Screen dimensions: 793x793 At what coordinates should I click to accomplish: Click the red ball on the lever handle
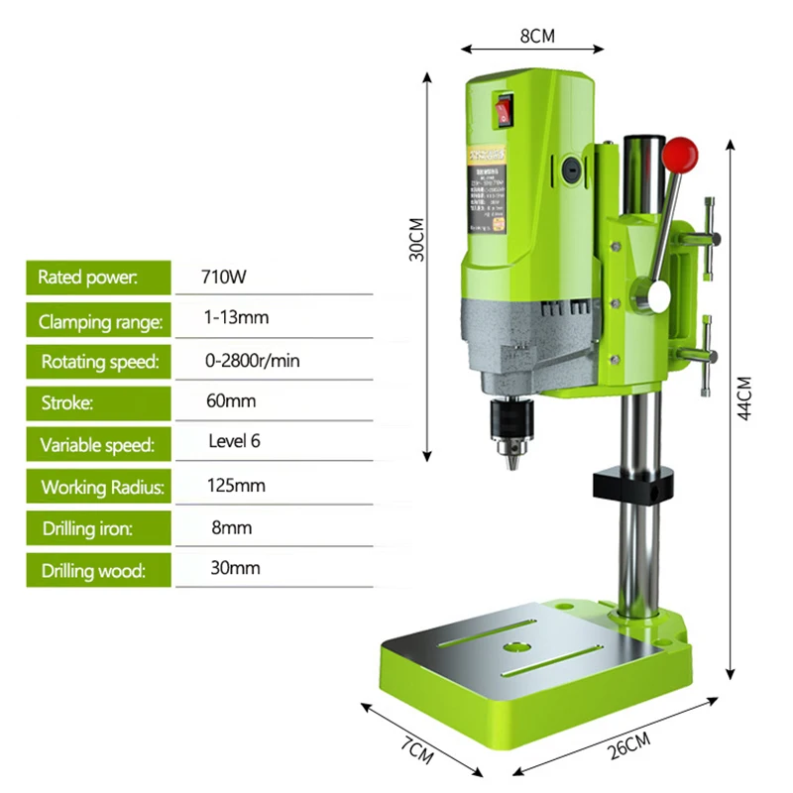(x=681, y=152)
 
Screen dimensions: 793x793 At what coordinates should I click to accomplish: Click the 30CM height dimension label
(x=417, y=239)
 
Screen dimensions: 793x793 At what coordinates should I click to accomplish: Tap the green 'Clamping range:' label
(x=98, y=320)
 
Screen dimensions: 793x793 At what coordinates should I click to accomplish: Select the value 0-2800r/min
(x=253, y=360)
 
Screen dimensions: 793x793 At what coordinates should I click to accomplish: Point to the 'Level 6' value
(x=235, y=441)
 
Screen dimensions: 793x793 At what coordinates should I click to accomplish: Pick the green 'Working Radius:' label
(x=98, y=487)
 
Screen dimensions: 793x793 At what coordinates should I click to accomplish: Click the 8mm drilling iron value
(x=232, y=527)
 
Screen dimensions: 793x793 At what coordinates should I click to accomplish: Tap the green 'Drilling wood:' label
(x=98, y=570)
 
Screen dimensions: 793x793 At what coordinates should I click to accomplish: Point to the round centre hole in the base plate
(x=515, y=645)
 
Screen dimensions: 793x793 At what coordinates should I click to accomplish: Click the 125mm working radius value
(x=237, y=486)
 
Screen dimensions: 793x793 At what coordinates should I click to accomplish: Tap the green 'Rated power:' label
(x=98, y=277)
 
